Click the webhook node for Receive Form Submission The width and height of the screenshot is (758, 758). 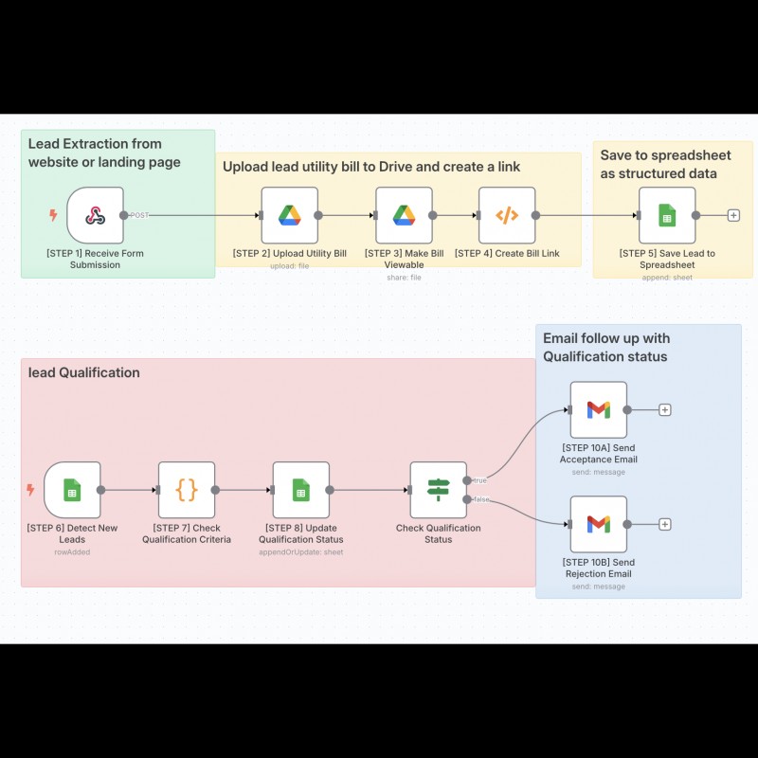coord(96,215)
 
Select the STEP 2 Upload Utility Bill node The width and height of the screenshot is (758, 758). coord(290,215)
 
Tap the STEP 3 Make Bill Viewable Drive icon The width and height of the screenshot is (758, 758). coord(405,215)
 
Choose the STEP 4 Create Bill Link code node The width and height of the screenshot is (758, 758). coord(507,215)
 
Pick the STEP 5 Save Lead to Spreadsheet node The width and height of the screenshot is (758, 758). coord(667,215)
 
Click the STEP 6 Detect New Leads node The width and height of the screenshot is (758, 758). coord(72,490)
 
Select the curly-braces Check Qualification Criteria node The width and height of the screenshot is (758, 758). coord(187,490)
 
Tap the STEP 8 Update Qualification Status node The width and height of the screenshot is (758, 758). coord(301,490)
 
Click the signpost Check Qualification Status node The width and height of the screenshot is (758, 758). coord(439,490)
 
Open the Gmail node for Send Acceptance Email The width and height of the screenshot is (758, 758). coord(599,410)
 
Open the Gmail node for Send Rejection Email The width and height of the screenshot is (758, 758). coord(599,524)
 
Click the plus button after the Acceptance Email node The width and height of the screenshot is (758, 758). coord(665,410)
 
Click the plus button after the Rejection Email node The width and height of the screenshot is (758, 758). coord(665,524)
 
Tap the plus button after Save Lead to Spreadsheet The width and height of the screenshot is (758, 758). coord(733,215)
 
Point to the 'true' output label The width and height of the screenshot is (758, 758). coord(480,480)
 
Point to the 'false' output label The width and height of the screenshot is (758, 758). coord(481,499)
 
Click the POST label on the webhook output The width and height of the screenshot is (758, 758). coord(139,215)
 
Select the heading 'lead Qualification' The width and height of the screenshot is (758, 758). coord(84,372)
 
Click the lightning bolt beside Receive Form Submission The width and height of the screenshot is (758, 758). coord(53,215)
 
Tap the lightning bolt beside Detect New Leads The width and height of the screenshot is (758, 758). coord(30,490)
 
